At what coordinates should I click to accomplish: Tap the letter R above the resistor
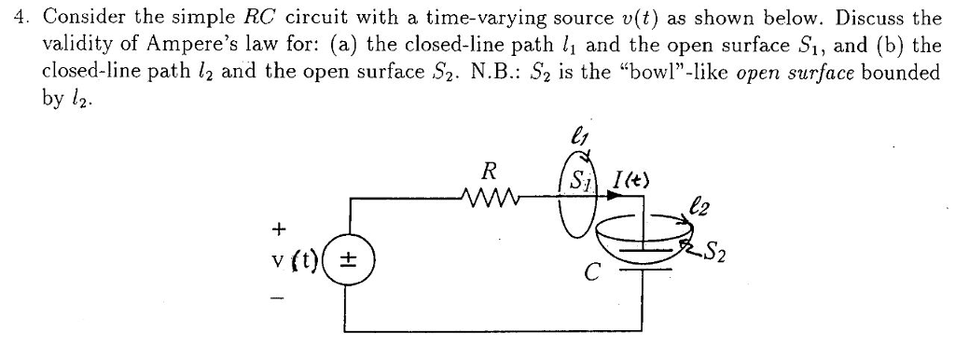click(x=489, y=173)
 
